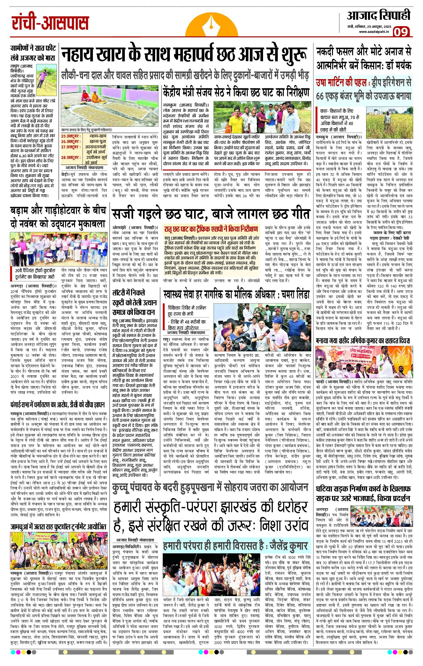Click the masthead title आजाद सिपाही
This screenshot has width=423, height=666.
pos(379,15)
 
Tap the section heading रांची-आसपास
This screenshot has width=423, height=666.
pos(50,23)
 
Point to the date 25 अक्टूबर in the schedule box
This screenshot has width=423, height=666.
pos(71,136)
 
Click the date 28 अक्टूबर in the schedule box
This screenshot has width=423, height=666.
pos(71,157)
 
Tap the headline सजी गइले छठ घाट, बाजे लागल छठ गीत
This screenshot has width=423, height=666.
pos(211,213)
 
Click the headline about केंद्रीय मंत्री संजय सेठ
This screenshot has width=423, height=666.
pos(236,93)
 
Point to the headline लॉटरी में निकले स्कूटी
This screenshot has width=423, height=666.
pos(134,302)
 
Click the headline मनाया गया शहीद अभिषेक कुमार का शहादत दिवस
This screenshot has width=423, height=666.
pos(363,340)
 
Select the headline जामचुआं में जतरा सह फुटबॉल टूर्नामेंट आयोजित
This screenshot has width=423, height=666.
pos(58,527)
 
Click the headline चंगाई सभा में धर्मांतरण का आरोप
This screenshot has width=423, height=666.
pos(57,405)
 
